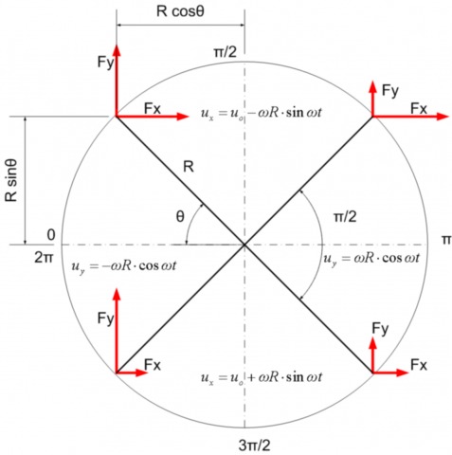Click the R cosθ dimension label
point(180,11)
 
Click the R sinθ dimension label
point(11,180)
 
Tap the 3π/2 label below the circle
point(254,446)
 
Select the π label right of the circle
point(446,240)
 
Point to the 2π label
point(45,258)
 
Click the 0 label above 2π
point(51,235)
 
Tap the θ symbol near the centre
point(180,217)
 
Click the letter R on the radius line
point(189,167)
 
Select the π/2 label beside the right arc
point(345,217)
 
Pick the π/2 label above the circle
point(225,52)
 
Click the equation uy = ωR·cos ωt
point(371,259)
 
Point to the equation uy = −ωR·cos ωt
point(124,266)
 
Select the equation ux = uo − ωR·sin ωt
point(262,113)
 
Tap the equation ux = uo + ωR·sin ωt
point(262,377)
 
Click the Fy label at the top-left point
point(105,63)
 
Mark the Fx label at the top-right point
point(419,109)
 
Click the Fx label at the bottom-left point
point(153,365)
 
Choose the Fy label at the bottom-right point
point(380,329)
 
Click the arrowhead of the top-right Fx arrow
point(443,117)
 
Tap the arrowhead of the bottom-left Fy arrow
point(117,294)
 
